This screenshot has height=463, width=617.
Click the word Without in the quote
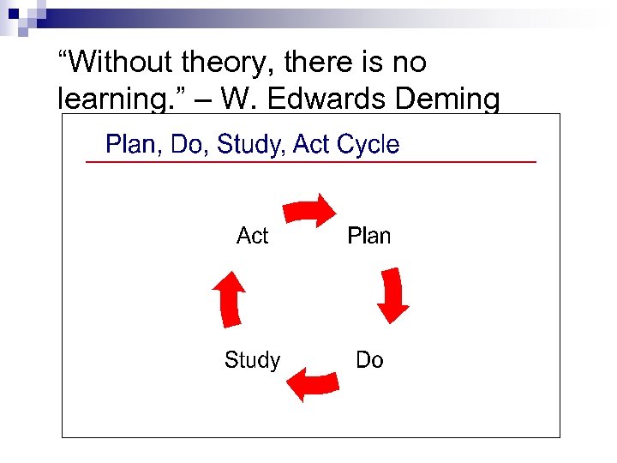113,63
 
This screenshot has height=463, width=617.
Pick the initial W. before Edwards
240,99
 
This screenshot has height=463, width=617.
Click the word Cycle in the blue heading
368,144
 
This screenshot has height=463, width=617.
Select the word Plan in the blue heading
133,144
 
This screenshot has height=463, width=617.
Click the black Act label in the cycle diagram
253,236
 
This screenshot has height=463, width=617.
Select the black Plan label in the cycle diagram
368,236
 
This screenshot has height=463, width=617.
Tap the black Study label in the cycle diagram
252,360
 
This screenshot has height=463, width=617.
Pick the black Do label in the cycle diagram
369,360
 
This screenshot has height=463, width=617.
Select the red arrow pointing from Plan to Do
393,294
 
